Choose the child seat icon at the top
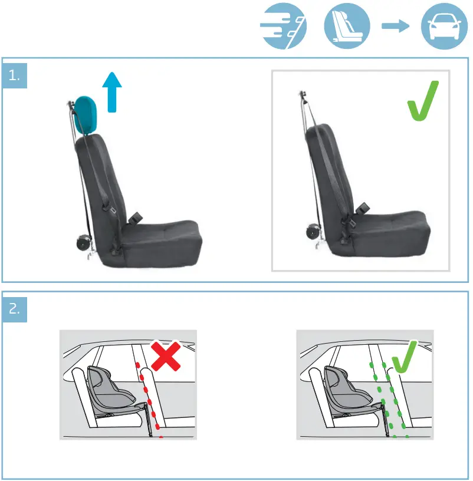pos(347,27)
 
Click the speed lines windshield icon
pos(284,27)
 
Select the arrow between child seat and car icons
pos(396,27)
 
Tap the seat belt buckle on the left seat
pos(137,217)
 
